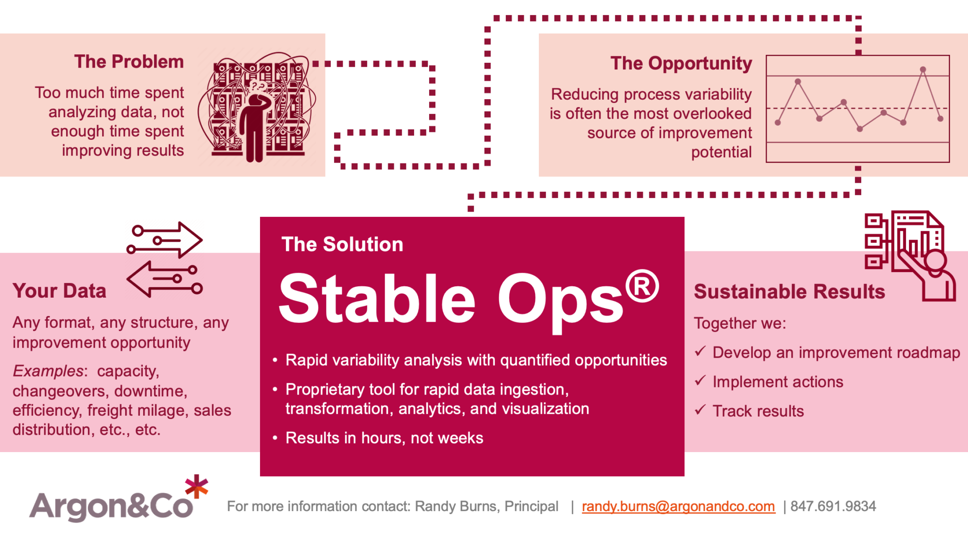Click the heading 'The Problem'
pos(129,62)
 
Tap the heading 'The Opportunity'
pos(681,63)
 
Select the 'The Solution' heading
pos(342,244)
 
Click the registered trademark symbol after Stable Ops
pos(641,286)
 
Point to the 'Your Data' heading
pos(60,291)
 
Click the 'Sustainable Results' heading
pos(789,291)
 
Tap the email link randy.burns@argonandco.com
pos(678,506)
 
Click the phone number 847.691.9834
pos(833,506)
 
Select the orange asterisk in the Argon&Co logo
pos(197,487)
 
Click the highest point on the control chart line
pos(923,70)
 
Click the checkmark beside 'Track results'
pos(700,410)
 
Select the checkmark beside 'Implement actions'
pos(700,380)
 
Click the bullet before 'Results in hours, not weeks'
pos(275,438)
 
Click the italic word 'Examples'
pos(48,371)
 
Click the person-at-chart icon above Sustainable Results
pos(910,255)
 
